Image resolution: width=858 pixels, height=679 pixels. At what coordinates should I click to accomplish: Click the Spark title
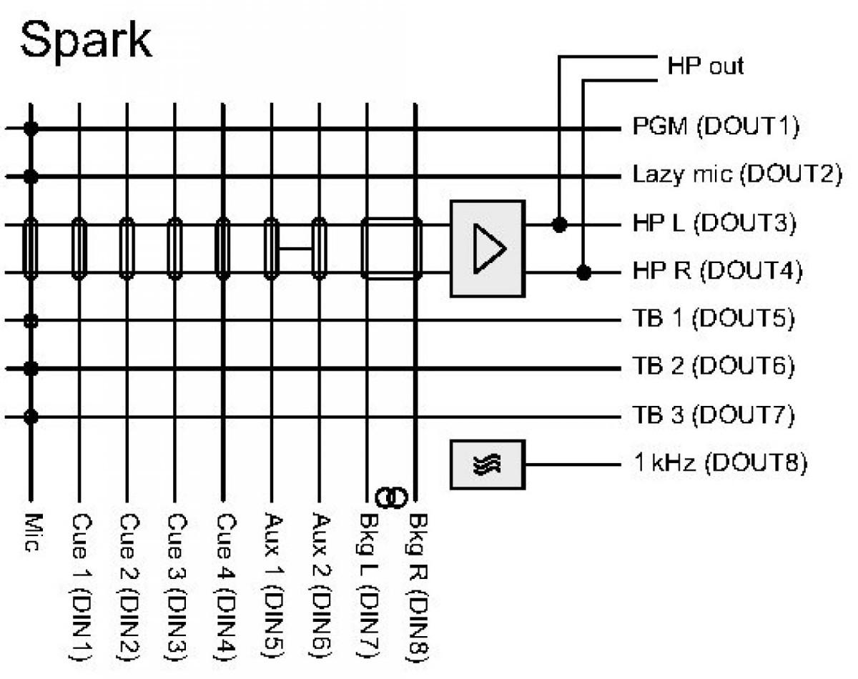tap(86, 41)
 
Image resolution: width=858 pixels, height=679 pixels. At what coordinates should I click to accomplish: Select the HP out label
tap(705, 66)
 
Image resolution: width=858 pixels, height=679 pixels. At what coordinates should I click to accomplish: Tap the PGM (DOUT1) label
tap(715, 128)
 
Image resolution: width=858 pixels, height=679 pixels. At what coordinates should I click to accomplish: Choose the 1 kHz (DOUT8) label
tap(720, 463)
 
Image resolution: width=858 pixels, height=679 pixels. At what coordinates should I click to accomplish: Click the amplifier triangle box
tap(487, 248)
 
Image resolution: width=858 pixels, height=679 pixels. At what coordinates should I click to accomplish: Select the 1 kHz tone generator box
tap(487, 465)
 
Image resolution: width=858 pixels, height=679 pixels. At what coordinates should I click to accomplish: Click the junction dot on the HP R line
tap(585, 272)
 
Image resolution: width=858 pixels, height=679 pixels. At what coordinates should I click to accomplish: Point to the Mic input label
tap(31, 532)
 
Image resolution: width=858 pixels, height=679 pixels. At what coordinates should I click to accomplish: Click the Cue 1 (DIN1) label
tap(79, 586)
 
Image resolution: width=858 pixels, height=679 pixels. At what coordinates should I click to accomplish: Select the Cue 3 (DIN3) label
tap(174, 586)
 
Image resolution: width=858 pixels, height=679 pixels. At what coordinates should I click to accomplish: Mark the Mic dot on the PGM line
tap(31, 129)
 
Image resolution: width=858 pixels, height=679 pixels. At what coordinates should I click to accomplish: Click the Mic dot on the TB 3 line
tap(31, 415)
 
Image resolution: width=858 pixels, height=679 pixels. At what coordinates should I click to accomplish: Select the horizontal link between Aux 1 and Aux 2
tap(295, 249)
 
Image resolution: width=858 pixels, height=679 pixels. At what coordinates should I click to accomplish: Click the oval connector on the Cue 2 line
tap(127, 249)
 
